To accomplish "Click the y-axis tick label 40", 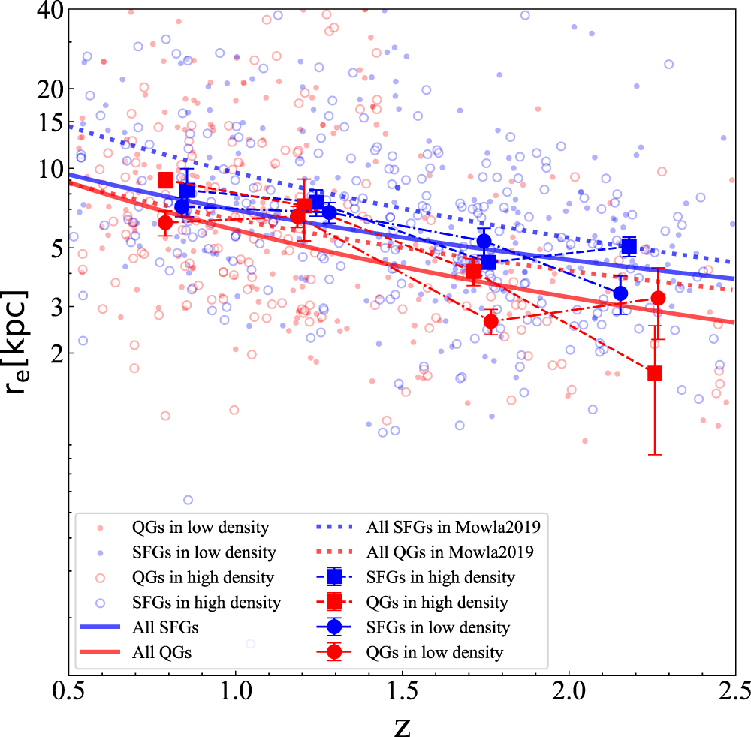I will tap(47, 11).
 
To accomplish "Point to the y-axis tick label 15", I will tap(47, 122).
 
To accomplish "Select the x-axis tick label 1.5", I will tap(402, 690).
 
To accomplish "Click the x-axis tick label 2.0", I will tap(569, 690).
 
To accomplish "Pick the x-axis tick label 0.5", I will tap(69, 690).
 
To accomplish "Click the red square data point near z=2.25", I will tap(655, 373).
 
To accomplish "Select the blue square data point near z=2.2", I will tap(629, 246).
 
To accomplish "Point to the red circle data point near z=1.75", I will tap(491, 322).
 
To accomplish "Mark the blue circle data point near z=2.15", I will tap(620, 293).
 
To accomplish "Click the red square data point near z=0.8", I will tap(166, 180).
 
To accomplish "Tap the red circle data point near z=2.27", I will tap(659, 298).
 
